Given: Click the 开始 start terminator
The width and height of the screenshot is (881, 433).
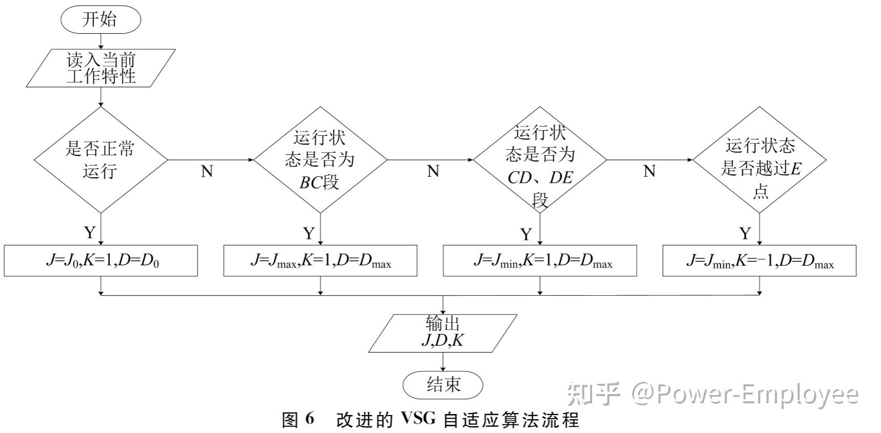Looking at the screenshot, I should pos(100,20).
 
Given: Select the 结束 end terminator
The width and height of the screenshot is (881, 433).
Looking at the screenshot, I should pos(443,385).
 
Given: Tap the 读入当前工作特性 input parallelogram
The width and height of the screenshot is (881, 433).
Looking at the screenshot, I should pos(101,68).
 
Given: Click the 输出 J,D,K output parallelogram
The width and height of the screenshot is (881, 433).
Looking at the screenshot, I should pos(443,333).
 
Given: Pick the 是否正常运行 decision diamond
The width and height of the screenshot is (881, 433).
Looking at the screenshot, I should pos(101,160).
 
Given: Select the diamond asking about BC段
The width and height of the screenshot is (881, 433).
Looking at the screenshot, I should pos(320,160).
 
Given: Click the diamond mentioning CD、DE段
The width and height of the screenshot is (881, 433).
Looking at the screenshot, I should pos(540,160).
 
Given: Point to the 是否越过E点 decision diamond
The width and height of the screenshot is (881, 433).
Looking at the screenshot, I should pos(760,160).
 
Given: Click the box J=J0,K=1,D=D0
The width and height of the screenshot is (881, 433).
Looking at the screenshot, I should pos(101,261).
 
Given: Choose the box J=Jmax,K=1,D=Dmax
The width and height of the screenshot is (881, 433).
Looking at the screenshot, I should pos(320,261).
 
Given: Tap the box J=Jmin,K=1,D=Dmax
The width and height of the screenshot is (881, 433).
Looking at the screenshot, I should pos(540,261).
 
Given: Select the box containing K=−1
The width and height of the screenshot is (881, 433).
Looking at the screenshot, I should pos(760,261).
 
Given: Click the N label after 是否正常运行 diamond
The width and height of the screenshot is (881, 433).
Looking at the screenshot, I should pos(207,171).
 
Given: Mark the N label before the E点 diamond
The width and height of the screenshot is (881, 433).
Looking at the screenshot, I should pos(649,171).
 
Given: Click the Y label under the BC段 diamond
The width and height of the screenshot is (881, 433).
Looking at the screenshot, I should pos(308,234).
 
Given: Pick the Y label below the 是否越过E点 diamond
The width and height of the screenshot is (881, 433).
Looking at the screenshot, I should pos(745,234).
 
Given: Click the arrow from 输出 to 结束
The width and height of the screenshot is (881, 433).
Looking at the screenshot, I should pos(443,362).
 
